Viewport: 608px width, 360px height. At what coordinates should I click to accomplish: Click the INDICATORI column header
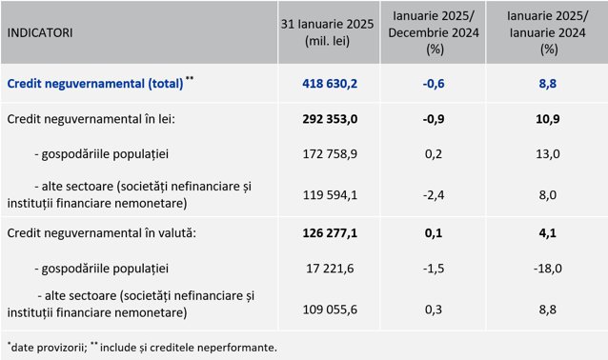pos(40,32)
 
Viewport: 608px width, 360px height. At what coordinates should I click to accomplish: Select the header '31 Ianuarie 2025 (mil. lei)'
pos(327,32)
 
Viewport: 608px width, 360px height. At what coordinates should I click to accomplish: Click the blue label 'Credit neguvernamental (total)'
pos(95,84)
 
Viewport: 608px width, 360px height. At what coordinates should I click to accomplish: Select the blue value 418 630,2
pos(330,84)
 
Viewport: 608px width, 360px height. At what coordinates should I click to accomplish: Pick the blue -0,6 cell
pos(434,84)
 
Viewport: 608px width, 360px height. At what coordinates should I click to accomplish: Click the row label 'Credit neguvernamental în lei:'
pos(91,119)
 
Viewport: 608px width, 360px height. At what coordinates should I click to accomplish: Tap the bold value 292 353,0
pos(330,119)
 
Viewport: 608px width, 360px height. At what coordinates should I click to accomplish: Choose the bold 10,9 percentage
pos(548,119)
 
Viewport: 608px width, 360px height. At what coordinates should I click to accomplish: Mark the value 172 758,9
pos(330,154)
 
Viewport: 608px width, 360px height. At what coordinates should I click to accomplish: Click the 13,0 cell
pos(548,154)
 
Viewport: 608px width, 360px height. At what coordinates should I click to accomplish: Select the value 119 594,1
pos(330,194)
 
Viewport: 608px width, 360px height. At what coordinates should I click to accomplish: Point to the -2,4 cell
pos(434,194)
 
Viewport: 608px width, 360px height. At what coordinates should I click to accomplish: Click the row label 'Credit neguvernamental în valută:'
pos(102,233)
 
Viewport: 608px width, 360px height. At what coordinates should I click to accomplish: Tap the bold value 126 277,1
pos(330,233)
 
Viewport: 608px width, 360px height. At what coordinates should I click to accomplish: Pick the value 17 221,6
pos(330,269)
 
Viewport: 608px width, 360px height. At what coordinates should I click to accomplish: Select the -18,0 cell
pos(548,269)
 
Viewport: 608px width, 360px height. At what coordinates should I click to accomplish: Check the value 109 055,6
pos(330,310)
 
